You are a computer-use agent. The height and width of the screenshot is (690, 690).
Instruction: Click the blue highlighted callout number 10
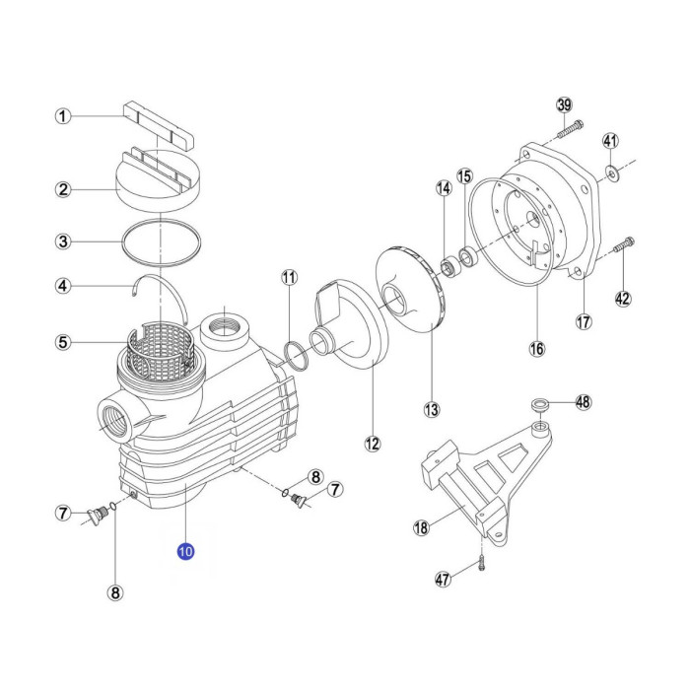click(185, 551)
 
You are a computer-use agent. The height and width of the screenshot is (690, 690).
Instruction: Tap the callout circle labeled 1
click(63, 116)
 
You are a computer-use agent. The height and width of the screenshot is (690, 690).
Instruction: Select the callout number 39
click(564, 104)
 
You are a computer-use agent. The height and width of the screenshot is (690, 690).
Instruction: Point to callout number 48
click(584, 402)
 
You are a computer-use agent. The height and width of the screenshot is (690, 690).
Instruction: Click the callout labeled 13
click(432, 410)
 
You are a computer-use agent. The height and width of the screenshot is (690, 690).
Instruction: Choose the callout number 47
click(444, 579)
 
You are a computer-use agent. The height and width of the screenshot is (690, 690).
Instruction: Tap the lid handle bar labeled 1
click(159, 126)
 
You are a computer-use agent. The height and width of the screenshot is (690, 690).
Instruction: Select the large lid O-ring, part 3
click(161, 242)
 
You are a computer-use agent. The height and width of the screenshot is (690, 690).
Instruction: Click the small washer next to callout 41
click(612, 172)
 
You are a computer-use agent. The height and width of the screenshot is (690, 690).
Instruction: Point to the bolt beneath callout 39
click(571, 129)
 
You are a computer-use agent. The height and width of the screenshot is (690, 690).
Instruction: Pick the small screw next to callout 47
click(481, 563)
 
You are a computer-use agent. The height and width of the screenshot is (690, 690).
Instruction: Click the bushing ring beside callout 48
click(540, 403)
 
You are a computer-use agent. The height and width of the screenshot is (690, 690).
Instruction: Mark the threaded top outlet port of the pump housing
click(225, 331)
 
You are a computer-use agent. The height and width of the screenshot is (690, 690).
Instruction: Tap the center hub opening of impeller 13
click(396, 300)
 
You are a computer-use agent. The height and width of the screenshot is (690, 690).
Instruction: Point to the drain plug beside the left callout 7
click(98, 515)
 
